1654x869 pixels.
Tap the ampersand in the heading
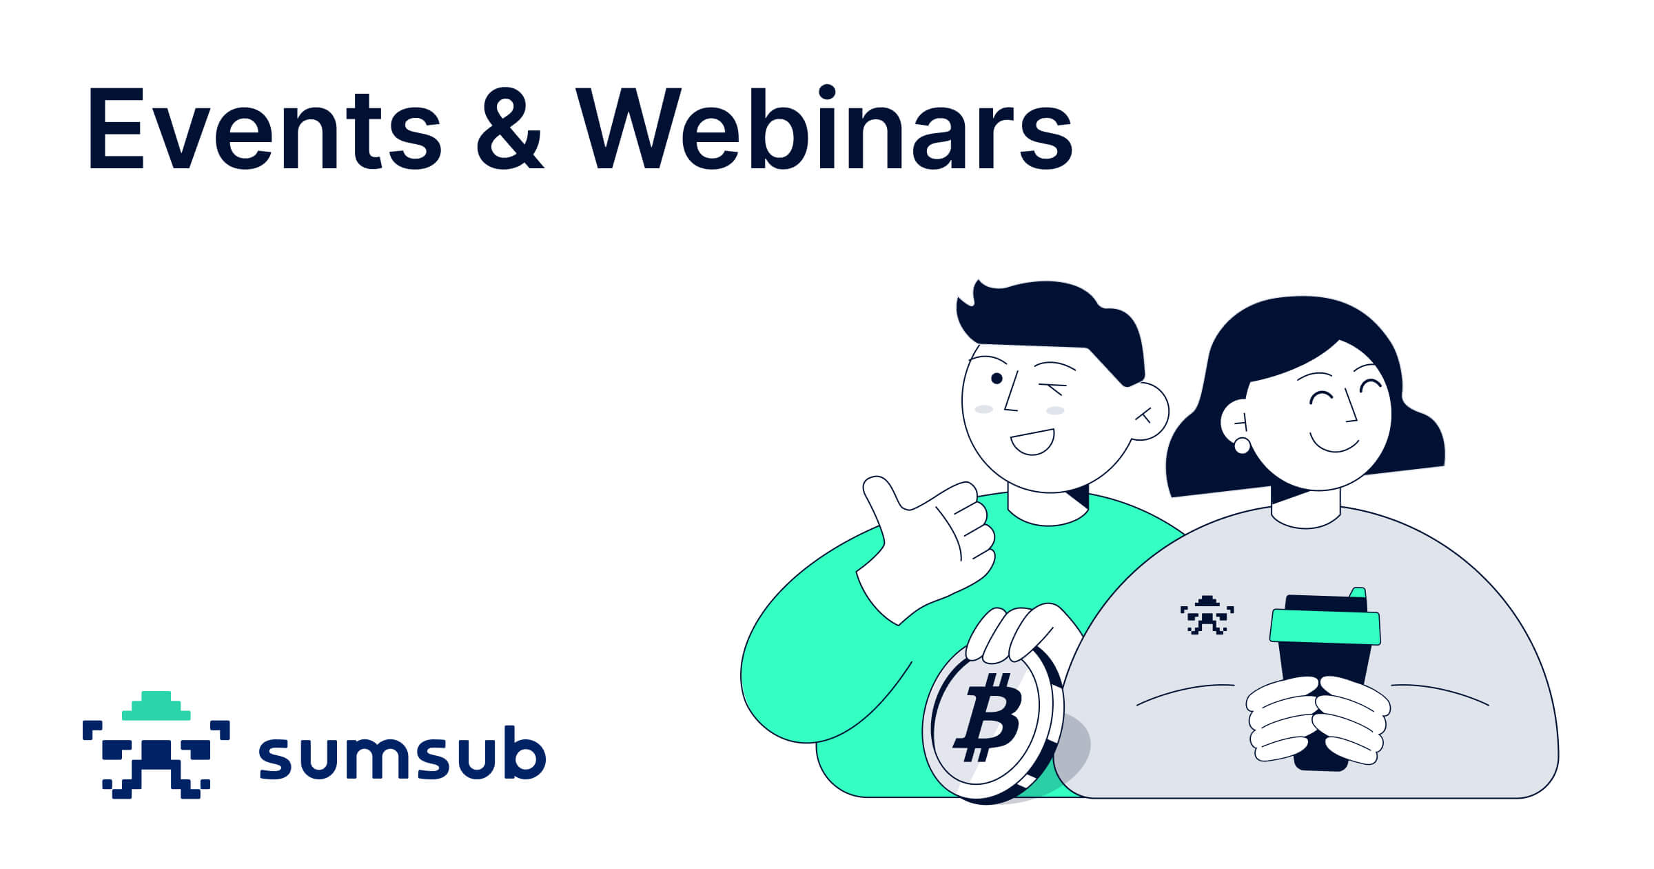[x=510, y=130]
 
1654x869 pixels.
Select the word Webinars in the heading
[x=824, y=130]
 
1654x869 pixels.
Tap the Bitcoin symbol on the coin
[x=987, y=717]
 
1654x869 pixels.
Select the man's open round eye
[x=997, y=379]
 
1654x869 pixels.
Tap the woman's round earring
[x=1242, y=446]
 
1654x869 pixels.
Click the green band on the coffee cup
[x=1325, y=627]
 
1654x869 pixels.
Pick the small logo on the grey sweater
[x=1207, y=615]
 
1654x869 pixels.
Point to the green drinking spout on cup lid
[x=1358, y=592]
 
